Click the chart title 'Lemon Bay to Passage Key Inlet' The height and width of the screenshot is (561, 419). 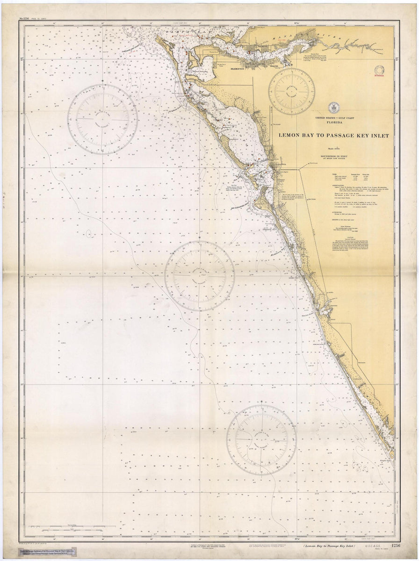pyautogui.click(x=333, y=136)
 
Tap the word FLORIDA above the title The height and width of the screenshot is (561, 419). pyautogui.click(x=334, y=122)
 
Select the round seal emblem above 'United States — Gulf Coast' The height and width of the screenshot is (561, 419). pyautogui.click(x=333, y=107)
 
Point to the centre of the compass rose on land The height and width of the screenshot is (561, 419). pyautogui.click(x=291, y=91)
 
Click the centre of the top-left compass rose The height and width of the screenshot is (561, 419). pyautogui.click(x=102, y=119)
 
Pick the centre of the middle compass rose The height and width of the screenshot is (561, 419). pyautogui.click(x=199, y=276)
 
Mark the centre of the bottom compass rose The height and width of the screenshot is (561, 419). pyautogui.click(x=261, y=439)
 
